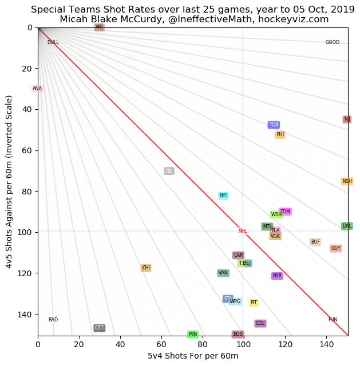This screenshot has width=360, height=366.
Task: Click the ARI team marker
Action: point(100,27)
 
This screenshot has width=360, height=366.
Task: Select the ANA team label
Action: point(37,89)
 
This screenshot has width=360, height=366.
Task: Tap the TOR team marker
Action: point(274,125)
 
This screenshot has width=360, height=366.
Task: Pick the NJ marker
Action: point(347,120)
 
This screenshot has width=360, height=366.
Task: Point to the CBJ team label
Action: point(169,171)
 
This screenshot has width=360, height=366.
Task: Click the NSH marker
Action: point(347,181)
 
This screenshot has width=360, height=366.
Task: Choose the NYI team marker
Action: point(223,196)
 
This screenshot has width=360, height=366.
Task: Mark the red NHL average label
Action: point(243,231)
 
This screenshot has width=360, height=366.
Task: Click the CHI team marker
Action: point(146,268)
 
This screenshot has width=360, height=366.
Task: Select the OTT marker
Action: point(100,328)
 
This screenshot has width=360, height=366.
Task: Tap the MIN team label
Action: point(193,334)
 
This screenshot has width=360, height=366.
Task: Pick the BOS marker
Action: point(238,334)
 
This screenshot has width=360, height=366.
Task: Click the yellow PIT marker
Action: point(254,303)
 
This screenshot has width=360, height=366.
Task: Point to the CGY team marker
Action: point(336,248)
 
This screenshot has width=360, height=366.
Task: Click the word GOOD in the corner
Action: point(333,42)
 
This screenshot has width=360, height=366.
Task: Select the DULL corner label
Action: point(53,42)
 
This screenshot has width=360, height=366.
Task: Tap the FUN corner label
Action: point(333,320)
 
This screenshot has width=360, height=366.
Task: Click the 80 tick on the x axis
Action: point(203,345)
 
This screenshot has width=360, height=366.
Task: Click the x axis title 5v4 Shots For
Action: point(193,356)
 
